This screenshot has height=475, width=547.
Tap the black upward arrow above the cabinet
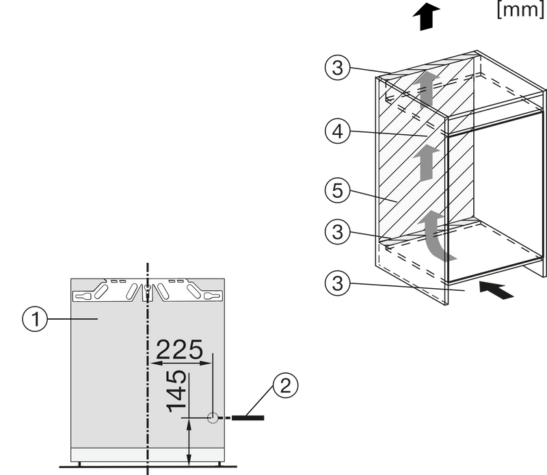pos(426,16)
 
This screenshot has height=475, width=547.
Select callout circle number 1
pos(35,319)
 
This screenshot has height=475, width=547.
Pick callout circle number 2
pos(285,385)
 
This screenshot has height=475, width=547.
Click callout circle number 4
pos(337,131)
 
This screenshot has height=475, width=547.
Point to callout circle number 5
pos(337,190)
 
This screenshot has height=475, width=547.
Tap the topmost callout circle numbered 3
pos(337,67)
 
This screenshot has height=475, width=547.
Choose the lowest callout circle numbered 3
pos(337,283)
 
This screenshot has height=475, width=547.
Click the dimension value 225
pos(179,349)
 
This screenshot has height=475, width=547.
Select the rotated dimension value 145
pos(176,391)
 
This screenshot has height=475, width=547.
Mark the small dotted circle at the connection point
pos(213,418)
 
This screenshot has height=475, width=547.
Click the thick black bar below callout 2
pos(248,418)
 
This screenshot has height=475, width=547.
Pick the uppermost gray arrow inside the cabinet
pos(425,89)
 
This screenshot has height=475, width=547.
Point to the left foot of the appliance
pos(79,464)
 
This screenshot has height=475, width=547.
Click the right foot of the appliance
pos(219,464)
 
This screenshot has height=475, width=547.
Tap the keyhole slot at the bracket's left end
pos(82,296)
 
